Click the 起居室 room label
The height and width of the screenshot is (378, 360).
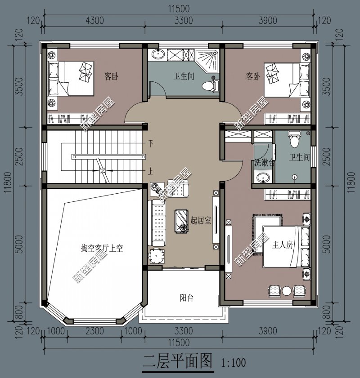[x=201, y=221]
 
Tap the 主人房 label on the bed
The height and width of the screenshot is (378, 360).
[x=283, y=245]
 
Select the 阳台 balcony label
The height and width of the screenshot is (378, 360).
[x=186, y=298]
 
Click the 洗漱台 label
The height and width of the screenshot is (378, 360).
[x=264, y=162]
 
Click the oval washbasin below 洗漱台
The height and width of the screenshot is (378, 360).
[x=263, y=178]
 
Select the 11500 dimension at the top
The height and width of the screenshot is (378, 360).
[x=179, y=8]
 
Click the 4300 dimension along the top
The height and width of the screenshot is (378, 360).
[x=94, y=20]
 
